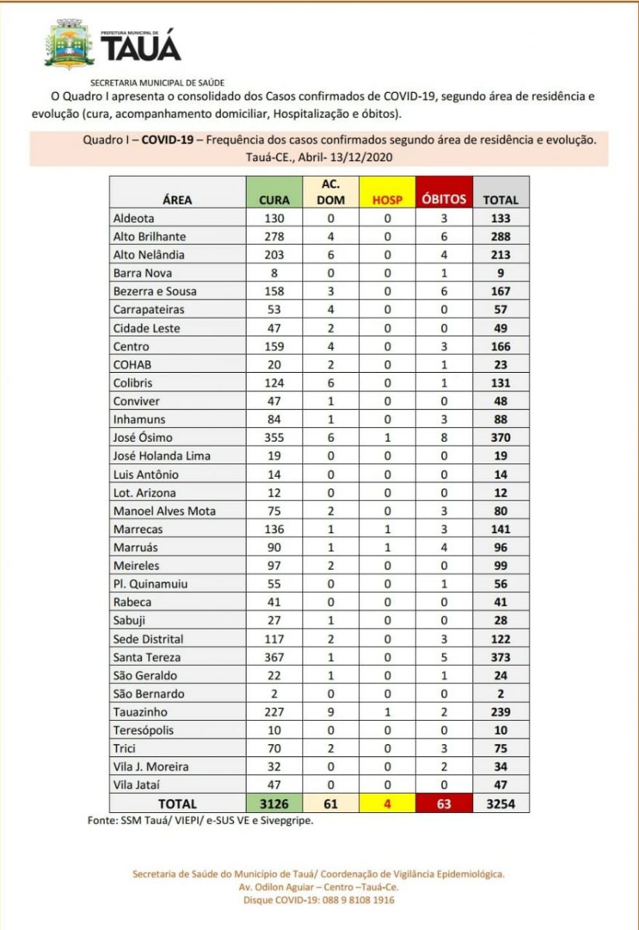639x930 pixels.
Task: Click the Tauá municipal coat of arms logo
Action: (x=69, y=45)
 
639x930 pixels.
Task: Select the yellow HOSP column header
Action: (x=388, y=199)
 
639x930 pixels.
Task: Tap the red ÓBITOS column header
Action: (x=444, y=198)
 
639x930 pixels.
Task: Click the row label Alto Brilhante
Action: (x=150, y=236)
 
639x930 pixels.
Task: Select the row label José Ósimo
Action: (x=143, y=438)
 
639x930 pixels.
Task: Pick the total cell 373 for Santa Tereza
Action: (x=501, y=657)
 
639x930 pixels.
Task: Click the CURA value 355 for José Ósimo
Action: (x=274, y=438)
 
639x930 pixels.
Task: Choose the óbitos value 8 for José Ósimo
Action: (x=444, y=438)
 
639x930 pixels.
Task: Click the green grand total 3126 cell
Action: (x=274, y=804)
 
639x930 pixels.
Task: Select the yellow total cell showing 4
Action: (x=388, y=804)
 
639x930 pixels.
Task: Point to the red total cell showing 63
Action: (x=444, y=804)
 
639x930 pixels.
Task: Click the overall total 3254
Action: (x=501, y=804)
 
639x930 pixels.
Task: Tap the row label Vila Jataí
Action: (x=137, y=785)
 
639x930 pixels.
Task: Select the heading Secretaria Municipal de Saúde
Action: (x=157, y=82)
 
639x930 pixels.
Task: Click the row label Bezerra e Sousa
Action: (x=155, y=291)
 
